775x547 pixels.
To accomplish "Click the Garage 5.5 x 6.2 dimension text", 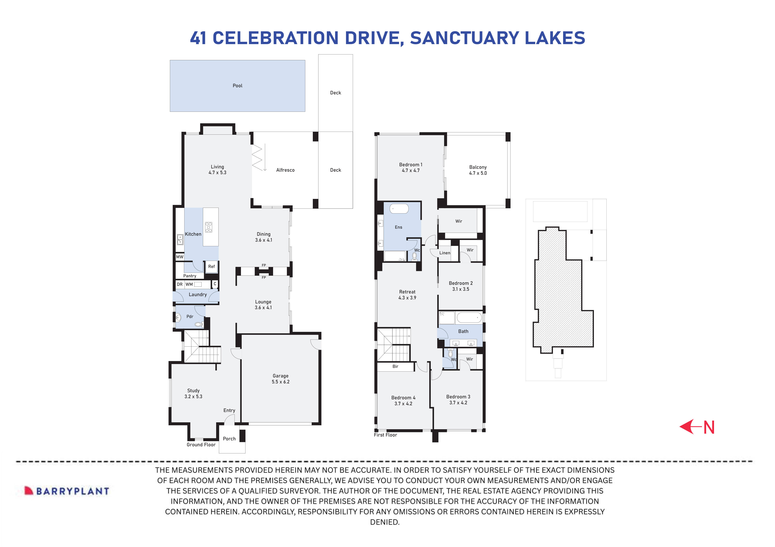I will pos(281,382).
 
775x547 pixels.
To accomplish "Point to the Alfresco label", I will pos(285,170).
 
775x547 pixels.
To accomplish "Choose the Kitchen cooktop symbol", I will pos(209,227).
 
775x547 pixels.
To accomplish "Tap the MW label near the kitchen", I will pos(180,257).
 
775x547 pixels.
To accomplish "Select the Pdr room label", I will pos(190,317).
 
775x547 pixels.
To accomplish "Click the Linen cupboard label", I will pos(445,253).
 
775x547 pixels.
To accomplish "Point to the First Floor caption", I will pos(385,435).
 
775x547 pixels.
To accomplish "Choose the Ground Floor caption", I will pos(201,445).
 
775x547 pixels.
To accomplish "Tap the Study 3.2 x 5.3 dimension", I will pos(193,397).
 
